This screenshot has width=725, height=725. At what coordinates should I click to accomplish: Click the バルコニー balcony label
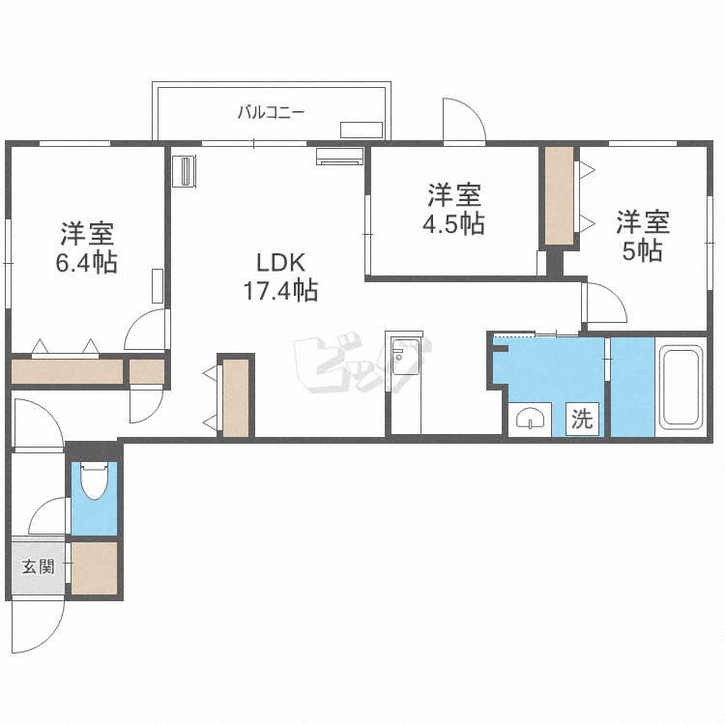(x=272, y=112)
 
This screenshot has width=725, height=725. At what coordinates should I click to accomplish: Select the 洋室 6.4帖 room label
(x=87, y=248)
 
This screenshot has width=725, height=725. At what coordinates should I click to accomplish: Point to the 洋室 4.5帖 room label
(x=453, y=210)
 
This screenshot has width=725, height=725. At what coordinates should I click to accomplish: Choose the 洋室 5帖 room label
(x=643, y=236)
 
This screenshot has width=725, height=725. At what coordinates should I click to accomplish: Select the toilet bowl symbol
(x=94, y=480)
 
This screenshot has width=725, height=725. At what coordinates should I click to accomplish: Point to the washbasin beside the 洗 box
(x=530, y=419)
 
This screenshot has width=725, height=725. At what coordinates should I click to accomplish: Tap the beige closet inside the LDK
(x=237, y=397)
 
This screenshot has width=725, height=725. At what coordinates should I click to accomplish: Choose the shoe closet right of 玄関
(x=94, y=568)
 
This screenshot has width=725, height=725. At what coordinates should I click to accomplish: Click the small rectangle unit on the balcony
(x=362, y=130)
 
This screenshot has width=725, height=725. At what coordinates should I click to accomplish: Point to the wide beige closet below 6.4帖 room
(x=68, y=372)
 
